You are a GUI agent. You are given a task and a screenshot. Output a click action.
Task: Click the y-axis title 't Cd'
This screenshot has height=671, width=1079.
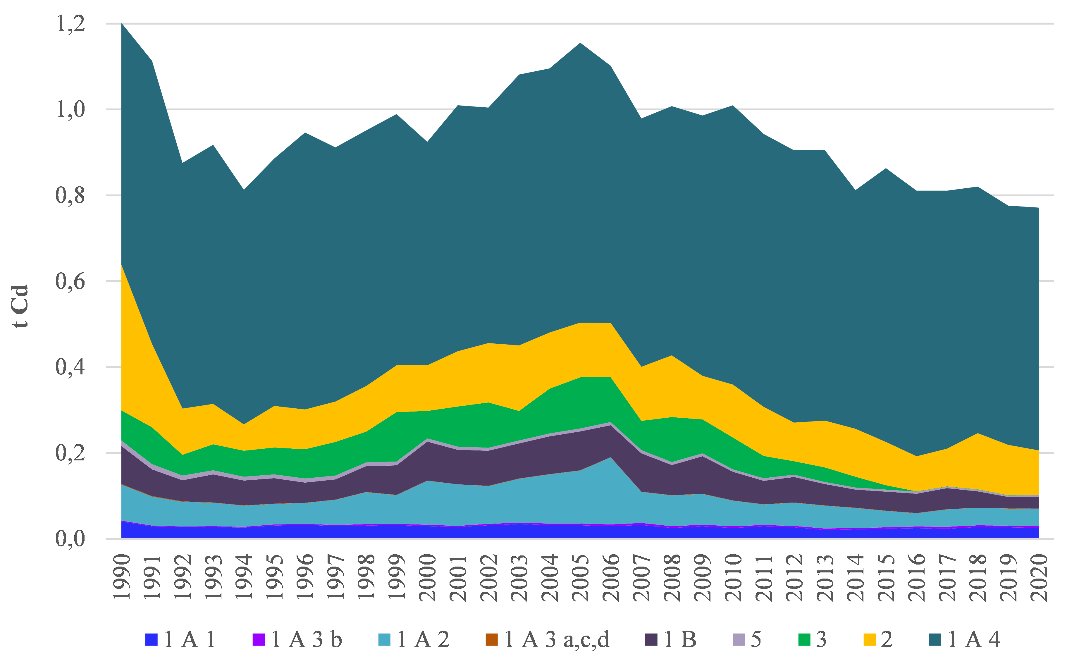(x=20, y=306)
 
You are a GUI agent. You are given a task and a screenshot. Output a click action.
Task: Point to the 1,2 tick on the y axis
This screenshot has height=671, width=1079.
(x=70, y=23)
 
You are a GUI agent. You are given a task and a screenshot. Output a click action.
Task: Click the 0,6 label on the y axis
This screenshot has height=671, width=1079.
(x=70, y=281)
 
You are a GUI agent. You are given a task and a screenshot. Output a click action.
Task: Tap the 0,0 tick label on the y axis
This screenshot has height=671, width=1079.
(x=70, y=538)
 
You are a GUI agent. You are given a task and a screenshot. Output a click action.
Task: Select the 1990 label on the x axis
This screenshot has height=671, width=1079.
(x=122, y=577)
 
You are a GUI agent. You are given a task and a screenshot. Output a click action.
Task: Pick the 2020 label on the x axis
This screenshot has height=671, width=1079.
(x=1039, y=577)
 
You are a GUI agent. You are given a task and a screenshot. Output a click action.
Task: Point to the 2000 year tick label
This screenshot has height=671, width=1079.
(x=427, y=577)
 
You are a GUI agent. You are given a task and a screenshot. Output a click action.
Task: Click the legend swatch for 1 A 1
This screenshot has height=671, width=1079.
(x=151, y=639)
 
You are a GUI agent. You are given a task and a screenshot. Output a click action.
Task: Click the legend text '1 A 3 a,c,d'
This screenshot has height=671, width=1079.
(x=557, y=639)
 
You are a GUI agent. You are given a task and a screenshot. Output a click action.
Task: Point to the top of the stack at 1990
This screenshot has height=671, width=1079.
(x=122, y=23)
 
